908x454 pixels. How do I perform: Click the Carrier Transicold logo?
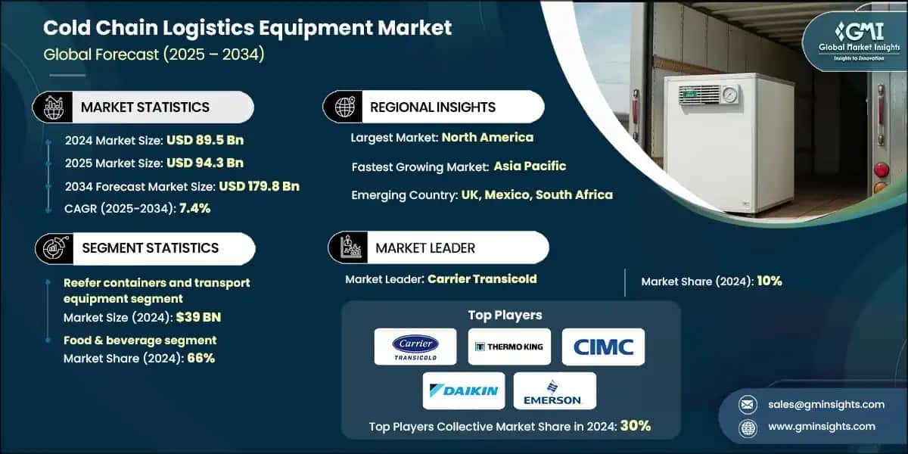click(415, 347)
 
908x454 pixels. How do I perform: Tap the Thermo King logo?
click(508, 347)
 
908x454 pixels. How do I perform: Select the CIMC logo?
click(603, 347)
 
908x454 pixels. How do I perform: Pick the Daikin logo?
click(464, 390)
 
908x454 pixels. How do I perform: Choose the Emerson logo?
click(555, 390)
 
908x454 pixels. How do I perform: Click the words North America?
click(487, 137)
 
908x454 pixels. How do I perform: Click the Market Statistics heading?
click(145, 107)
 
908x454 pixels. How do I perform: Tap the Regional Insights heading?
click(432, 107)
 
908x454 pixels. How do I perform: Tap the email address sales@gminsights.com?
click(825, 404)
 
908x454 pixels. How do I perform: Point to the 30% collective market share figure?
click(635, 425)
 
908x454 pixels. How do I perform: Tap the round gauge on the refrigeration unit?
click(727, 96)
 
